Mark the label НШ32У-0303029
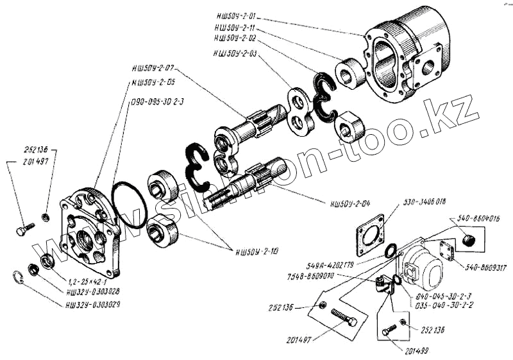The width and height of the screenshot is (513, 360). click(x=93, y=304)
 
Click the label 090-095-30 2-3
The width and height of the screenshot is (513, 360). click(x=158, y=101)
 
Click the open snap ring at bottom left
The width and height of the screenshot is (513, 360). click(x=19, y=278)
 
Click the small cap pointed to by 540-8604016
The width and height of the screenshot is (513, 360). click(x=467, y=241)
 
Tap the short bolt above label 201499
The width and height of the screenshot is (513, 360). click(x=388, y=330)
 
